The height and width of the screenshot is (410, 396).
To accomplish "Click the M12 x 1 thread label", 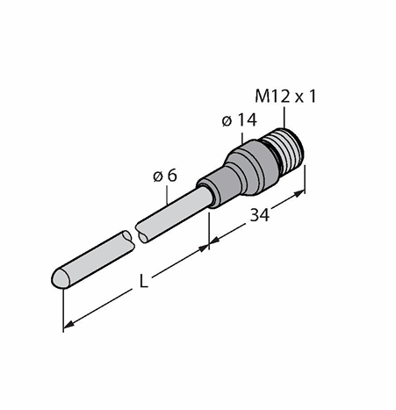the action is tap(285, 97).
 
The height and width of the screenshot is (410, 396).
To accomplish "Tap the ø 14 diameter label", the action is tap(239, 120).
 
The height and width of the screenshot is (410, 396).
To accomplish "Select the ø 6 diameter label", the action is tap(165, 176).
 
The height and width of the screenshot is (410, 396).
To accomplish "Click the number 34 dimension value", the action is tap(259, 215).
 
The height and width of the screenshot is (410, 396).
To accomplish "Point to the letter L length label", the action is tap(143, 282).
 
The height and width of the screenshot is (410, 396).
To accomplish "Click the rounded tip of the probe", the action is tap(59, 277).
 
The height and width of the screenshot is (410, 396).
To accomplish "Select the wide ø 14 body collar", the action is tap(252, 168).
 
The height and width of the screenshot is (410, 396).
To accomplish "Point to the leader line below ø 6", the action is tap(167, 195).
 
